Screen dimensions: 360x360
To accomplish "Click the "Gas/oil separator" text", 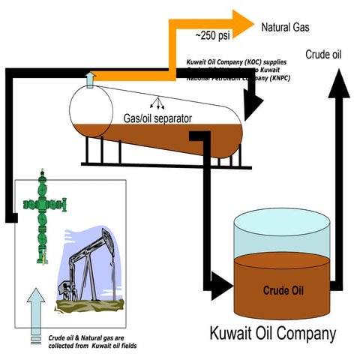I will point(157,118).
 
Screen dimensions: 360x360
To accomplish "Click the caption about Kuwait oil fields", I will point(92,341).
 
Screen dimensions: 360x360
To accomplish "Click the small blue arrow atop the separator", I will point(90,78).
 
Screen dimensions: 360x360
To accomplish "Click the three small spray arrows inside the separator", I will point(157,101).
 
